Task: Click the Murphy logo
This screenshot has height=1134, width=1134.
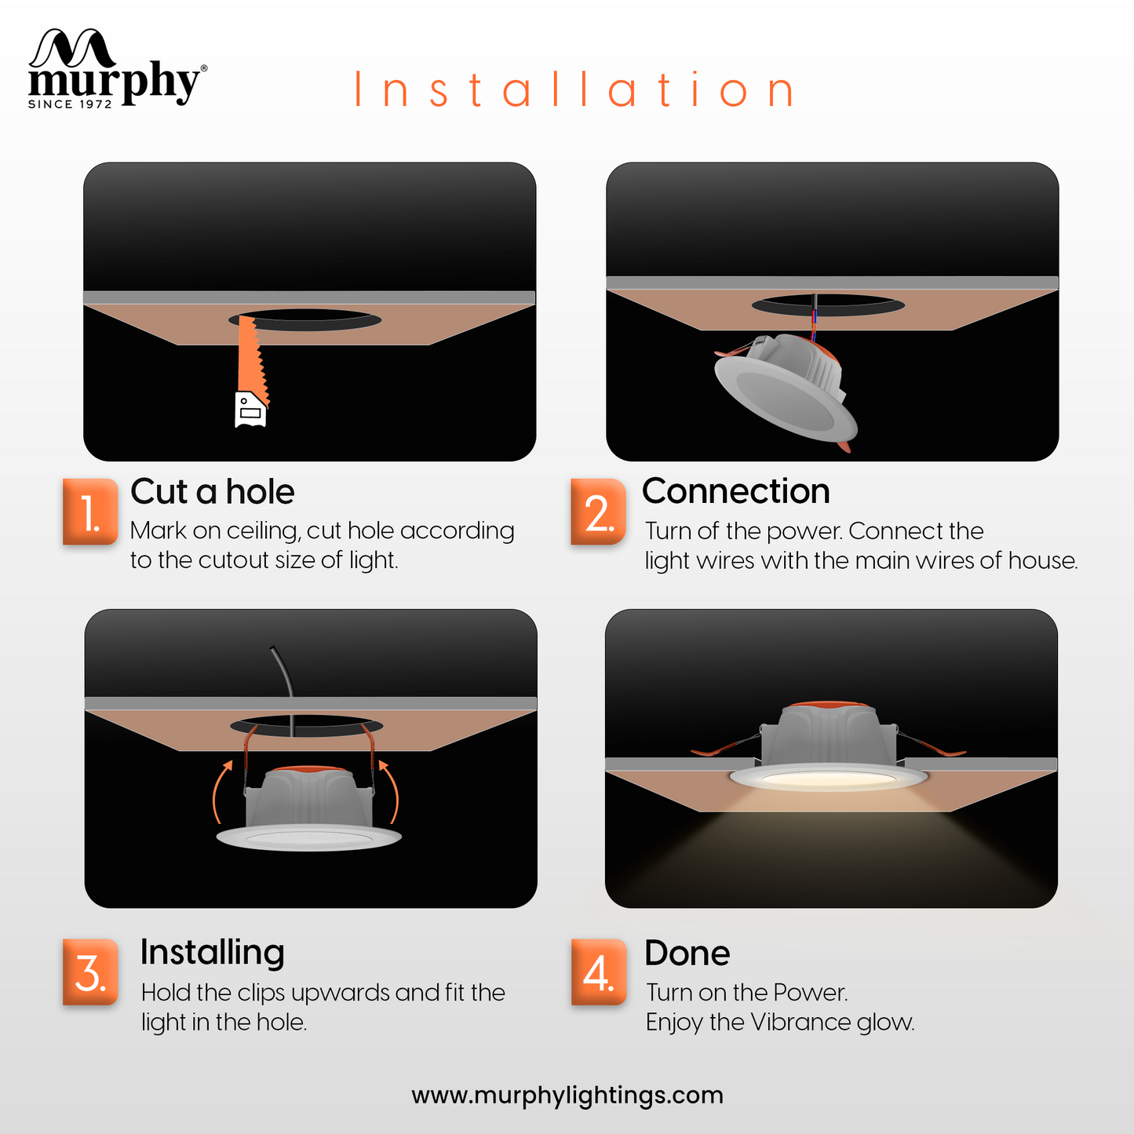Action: pyautogui.click(x=117, y=69)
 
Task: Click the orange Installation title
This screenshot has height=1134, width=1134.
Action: pyautogui.click(x=574, y=89)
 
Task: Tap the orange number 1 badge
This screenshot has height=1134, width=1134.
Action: pyautogui.click(x=90, y=512)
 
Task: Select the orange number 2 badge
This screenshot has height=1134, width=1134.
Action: pyautogui.click(x=598, y=512)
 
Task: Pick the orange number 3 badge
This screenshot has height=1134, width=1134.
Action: pyautogui.click(x=90, y=972)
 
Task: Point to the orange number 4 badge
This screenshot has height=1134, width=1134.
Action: pyautogui.click(x=598, y=972)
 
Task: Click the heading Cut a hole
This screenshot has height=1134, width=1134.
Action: pyautogui.click(x=213, y=491)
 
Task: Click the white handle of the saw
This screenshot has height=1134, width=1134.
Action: pyautogui.click(x=250, y=410)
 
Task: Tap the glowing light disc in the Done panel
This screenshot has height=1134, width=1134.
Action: pyautogui.click(x=829, y=778)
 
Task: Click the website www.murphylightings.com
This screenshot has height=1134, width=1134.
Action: pyautogui.click(x=567, y=1096)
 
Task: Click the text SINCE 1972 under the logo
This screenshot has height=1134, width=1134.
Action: pyautogui.click(x=70, y=104)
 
